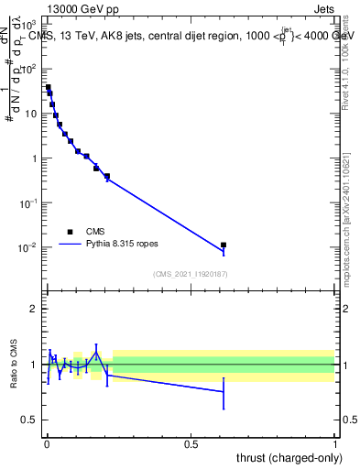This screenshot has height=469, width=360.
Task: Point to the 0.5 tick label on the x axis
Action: click(191, 443)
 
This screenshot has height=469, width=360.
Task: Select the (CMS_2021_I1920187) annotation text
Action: click(191, 273)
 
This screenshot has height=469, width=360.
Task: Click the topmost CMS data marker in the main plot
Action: click(48, 88)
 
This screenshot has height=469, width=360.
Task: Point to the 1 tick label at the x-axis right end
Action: click(335, 443)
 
